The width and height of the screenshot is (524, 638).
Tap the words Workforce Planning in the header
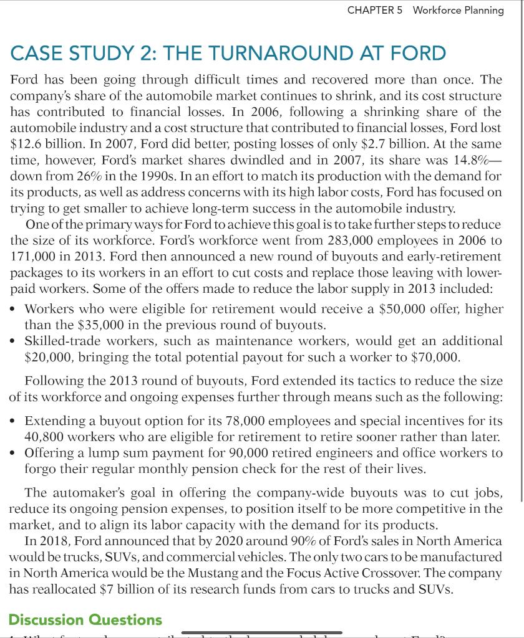pos(458,10)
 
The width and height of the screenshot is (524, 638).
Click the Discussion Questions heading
pos(85,620)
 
